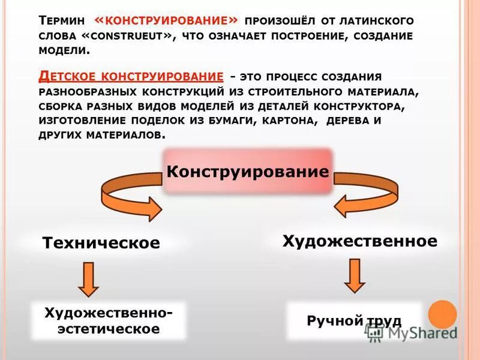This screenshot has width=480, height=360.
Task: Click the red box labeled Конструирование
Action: [x=248, y=172]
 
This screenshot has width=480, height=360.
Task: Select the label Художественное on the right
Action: [x=359, y=241]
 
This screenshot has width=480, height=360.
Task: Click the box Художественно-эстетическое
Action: [x=109, y=320]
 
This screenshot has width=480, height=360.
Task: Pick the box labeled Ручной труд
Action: [x=354, y=321]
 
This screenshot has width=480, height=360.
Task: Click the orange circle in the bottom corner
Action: [x=443, y=314]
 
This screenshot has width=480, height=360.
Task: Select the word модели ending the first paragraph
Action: [x=64, y=51]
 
